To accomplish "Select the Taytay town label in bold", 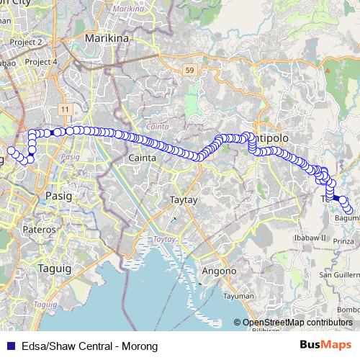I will coord(183,197).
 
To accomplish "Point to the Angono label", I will coord(220,271).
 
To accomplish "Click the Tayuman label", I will coord(238,296).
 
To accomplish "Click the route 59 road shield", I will coord(189,71).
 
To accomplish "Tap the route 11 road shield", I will coord(65,109).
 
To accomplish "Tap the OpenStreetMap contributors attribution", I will coord(297,323).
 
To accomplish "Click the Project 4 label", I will coord(40,62).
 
